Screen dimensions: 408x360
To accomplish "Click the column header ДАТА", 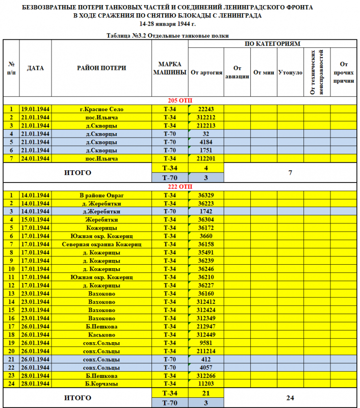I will pos(35,68).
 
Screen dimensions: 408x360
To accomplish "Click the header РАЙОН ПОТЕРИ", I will pos(101,68).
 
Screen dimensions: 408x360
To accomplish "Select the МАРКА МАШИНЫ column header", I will pos(170,68).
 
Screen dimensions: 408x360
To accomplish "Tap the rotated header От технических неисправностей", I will pos(317,72).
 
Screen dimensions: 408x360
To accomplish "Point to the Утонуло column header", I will pos(291,72).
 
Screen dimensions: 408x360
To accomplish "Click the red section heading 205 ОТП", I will pos(180,100).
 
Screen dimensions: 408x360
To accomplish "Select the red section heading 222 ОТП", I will pos(180,187).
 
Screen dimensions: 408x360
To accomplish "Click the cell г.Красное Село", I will pos(101,109).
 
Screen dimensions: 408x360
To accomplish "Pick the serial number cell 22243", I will pos(206,109).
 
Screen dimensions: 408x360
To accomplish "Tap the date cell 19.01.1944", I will pos(35,109).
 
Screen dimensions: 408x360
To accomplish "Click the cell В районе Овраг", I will pos(101,195).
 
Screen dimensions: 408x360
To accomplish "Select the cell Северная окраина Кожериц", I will pos(101,244).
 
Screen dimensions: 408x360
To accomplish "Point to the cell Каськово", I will pos(101,335).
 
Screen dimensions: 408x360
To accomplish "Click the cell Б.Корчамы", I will pos(101,384).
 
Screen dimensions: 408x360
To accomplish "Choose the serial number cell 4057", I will pos(206,367).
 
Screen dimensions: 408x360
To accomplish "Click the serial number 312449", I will pos(206,335).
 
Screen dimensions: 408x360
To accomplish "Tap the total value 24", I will pos(290,398).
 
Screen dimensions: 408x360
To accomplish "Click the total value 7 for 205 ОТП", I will pos(290,173).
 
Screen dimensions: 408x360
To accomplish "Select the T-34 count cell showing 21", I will pos(206,393).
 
